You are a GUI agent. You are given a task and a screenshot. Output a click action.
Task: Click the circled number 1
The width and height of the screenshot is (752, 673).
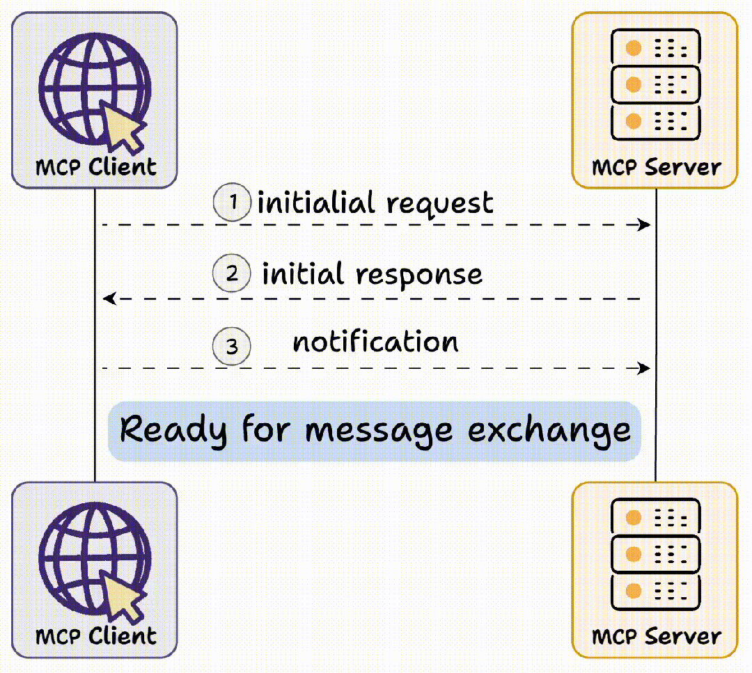231,203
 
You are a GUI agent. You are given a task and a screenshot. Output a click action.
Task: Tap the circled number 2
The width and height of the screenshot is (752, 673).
231,274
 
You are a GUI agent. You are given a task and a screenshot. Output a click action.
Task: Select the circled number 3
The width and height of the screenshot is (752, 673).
231,346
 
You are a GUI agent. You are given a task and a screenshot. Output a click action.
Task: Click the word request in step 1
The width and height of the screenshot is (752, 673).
439,204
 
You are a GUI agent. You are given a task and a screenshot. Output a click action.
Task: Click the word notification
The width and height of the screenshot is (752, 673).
375,342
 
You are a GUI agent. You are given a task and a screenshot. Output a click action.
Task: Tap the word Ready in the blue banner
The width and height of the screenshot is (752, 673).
173,431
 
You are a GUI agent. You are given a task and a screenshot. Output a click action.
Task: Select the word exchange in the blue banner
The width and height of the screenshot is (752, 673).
549,431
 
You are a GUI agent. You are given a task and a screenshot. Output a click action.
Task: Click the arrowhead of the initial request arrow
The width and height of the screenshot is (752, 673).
644,225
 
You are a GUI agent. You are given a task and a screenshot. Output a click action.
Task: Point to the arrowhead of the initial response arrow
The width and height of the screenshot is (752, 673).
109,299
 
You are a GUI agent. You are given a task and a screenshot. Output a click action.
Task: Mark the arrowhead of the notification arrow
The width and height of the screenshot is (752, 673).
644,367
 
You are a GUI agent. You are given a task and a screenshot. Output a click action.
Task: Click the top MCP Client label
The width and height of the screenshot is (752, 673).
95,167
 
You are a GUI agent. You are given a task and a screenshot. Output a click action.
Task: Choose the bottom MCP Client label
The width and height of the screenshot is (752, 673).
95,636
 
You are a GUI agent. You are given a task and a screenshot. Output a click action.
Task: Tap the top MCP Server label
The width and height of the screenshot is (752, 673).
656,168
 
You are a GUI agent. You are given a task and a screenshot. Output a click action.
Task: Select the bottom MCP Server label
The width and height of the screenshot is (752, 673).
656,637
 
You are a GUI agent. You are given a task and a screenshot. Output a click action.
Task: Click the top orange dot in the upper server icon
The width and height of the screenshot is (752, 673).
633,49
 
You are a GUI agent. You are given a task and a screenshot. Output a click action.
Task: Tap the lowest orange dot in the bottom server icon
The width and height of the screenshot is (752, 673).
633,591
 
